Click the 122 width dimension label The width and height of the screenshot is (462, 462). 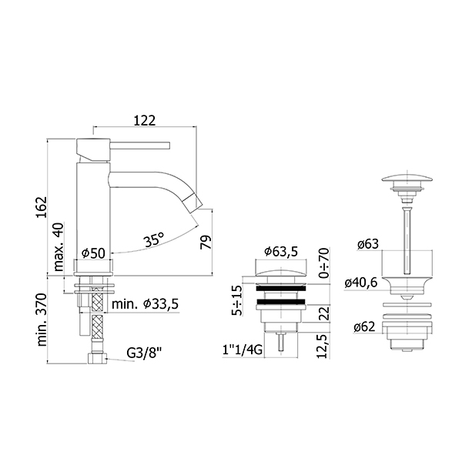pyautogui.click(x=145, y=120)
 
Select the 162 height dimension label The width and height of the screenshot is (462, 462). pyautogui.click(x=42, y=207)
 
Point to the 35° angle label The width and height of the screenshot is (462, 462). pyautogui.click(x=154, y=239)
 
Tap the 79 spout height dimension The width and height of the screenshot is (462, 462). pyautogui.click(x=206, y=243)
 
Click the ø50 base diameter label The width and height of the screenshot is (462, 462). pyautogui.click(x=93, y=253)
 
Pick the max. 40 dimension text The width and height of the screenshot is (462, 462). pyautogui.click(x=59, y=247)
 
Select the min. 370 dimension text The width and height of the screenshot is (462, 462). pyautogui.click(x=42, y=320)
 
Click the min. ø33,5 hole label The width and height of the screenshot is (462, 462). pyautogui.click(x=145, y=304)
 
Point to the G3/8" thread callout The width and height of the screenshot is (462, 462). pyautogui.click(x=145, y=352)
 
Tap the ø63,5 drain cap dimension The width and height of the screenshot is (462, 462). pyautogui.click(x=281, y=251)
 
